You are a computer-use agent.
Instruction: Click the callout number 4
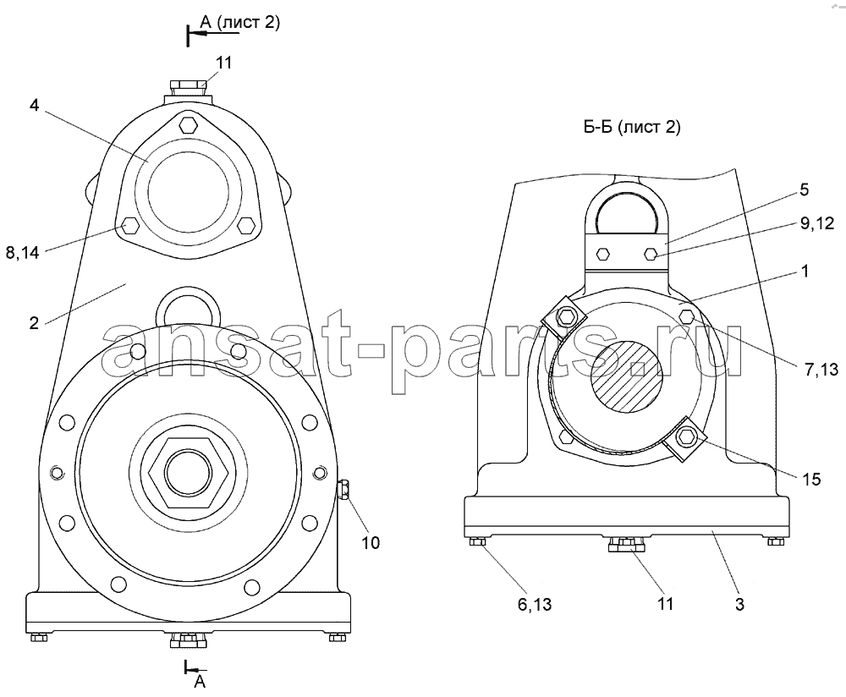point(34,105)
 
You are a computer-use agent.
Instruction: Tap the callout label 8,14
point(23,252)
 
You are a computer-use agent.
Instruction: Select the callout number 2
point(34,323)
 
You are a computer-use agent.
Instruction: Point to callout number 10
point(371,542)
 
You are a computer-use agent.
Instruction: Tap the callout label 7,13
point(821,369)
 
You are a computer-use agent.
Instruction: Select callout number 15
point(811,479)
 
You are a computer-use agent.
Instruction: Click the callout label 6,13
point(535,605)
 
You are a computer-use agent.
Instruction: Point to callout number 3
point(739,604)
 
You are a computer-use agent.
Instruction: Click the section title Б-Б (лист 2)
point(632,127)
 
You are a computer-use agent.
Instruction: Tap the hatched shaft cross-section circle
point(626,377)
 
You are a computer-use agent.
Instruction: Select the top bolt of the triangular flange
point(188,125)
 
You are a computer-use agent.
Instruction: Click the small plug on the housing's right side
point(343,490)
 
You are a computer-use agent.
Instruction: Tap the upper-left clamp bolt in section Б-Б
point(565,316)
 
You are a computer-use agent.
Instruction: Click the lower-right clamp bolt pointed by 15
point(687,436)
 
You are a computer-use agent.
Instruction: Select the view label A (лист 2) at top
point(239,22)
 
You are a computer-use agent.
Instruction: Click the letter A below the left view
point(200,682)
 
